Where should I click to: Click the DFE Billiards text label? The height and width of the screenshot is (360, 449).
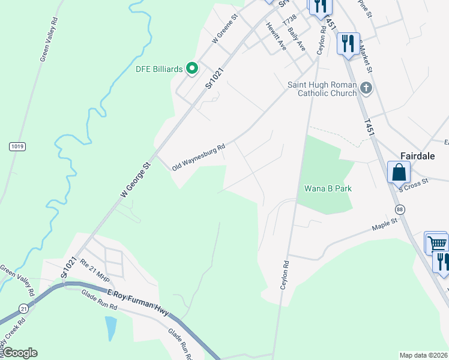(158, 69)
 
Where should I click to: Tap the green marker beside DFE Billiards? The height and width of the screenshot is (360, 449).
(192, 68)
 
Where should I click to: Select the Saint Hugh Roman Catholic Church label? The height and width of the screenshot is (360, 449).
(322, 89)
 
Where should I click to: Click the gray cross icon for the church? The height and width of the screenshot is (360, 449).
(367, 89)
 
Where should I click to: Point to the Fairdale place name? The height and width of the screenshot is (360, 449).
(418, 154)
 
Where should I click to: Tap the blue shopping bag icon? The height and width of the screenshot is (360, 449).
(399, 172)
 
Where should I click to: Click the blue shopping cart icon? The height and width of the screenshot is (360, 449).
(437, 243)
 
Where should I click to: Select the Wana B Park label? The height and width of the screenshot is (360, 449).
(328, 188)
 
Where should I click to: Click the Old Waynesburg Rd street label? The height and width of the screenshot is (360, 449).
(198, 157)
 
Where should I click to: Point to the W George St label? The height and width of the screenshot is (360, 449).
(134, 179)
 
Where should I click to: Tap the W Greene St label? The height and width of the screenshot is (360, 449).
(226, 29)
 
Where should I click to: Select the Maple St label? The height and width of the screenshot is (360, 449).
(385, 224)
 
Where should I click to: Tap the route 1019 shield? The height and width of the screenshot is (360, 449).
(17, 146)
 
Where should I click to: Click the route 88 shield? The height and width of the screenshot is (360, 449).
(399, 209)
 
